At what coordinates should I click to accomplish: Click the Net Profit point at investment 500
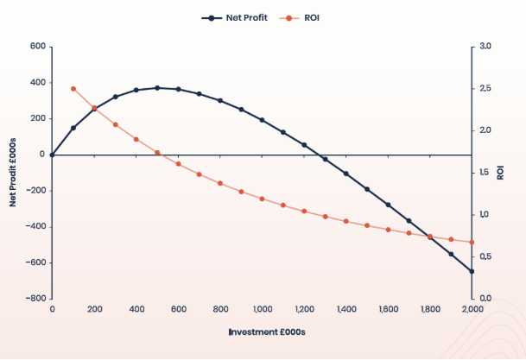pos(157,88)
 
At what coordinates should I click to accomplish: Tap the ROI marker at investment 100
pos(73,89)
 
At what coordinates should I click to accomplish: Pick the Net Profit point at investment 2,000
pos(472,271)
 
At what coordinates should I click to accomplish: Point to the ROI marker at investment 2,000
pos(472,243)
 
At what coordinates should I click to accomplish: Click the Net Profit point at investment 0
pos(52,155)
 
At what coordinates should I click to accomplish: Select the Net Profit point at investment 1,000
pos(262,120)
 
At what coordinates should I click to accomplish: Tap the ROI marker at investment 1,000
pos(262,199)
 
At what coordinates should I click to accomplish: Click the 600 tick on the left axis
pos(37,47)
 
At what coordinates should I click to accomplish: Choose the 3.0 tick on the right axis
pos(485,47)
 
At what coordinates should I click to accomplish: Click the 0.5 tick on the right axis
pos(485,256)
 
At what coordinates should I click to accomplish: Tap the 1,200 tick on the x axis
pos(304,308)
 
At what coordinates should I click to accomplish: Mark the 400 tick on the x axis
pos(136,308)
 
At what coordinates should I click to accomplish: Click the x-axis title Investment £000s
pos(262,332)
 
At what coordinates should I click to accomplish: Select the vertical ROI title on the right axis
pos(501,173)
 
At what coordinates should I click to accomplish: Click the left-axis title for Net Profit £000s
pos(13,173)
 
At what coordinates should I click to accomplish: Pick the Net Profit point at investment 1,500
pos(367,189)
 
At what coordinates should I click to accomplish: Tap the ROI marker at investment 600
pos(178,164)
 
